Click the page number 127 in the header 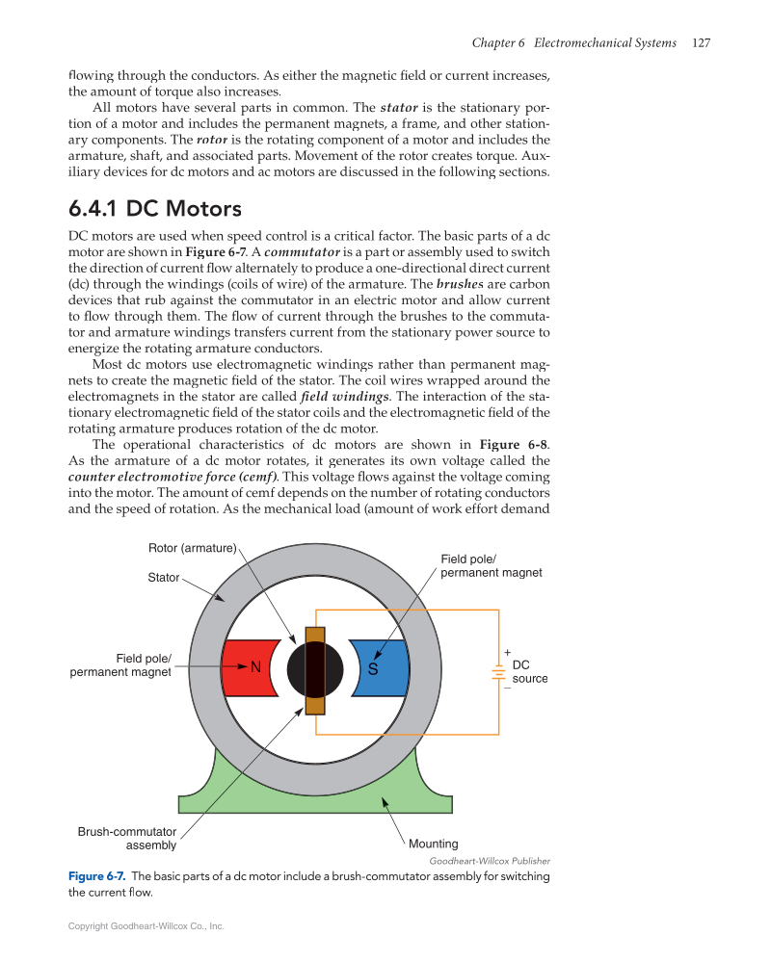tap(701, 43)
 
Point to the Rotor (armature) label tap(192, 549)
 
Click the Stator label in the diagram tap(163, 578)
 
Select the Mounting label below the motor tap(434, 845)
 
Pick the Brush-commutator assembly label tap(127, 838)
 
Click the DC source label tap(529, 671)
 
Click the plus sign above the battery tap(507, 653)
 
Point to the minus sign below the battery tap(507, 688)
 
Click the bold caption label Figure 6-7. tap(96, 876)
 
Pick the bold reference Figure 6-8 tap(513, 445)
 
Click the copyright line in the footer tap(146, 926)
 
